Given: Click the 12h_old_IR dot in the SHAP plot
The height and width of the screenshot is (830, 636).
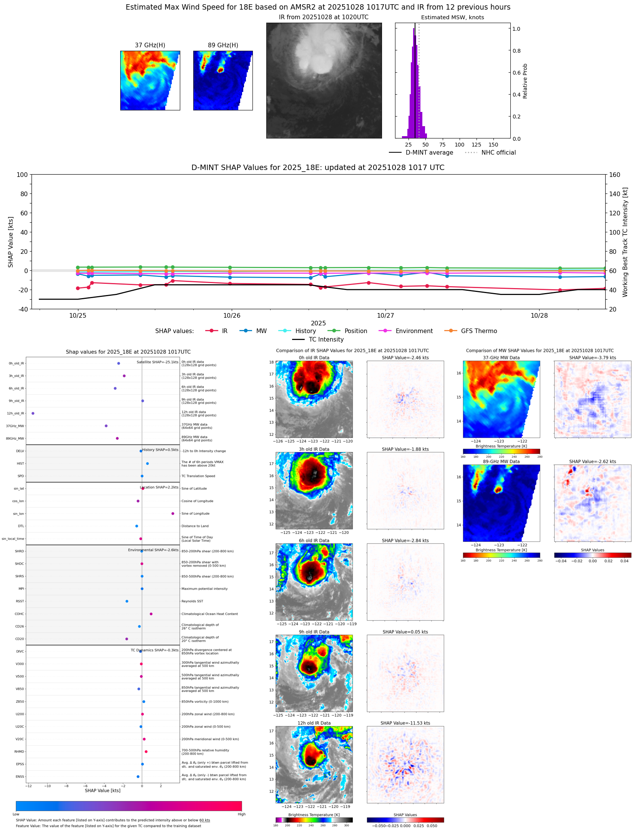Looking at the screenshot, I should pyautogui.click(x=33, y=413).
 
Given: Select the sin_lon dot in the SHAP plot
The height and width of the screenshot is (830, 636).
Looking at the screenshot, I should pyautogui.click(x=173, y=513).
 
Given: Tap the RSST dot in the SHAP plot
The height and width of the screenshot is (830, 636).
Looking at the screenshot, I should pyautogui.click(x=127, y=601).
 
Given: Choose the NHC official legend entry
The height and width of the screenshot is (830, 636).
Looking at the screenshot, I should pyautogui.click(x=498, y=153).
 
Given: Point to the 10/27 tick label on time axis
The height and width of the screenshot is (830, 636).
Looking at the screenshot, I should pyautogui.click(x=385, y=315).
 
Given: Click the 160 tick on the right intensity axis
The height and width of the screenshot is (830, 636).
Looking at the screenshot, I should pyautogui.click(x=614, y=175).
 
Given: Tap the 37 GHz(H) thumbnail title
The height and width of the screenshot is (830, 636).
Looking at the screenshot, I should pyautogui.click(x=150, y=45).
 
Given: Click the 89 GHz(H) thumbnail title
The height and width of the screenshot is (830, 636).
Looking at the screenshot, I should pyautogui.click(x=223, y=45).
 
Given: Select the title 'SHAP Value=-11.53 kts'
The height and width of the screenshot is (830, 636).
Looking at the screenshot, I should pyautogui.click(x=405, y=723).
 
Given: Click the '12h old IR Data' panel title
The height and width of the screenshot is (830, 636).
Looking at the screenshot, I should pyautogui.click(x=314, y=723).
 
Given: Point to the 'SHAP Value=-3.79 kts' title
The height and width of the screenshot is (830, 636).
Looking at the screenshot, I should pyautogui.click(x=592, y=358).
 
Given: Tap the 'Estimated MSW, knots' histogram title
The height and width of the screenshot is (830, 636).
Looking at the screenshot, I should pyautogui.click(x=452, y=17).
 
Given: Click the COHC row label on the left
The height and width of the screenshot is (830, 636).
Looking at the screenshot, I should pyautogui.click(x=19, y=614).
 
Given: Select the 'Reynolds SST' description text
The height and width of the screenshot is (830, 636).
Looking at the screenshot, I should pyautogui.click(x=192, y=601).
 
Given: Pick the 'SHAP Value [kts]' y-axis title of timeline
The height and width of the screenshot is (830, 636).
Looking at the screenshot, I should pyautogui.click(x=11, y=242).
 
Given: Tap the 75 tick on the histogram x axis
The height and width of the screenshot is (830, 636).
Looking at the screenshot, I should pyautogui.click(x=442, y=145).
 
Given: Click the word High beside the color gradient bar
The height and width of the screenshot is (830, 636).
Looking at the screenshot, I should pyautogui.click(x=241, y=814).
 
